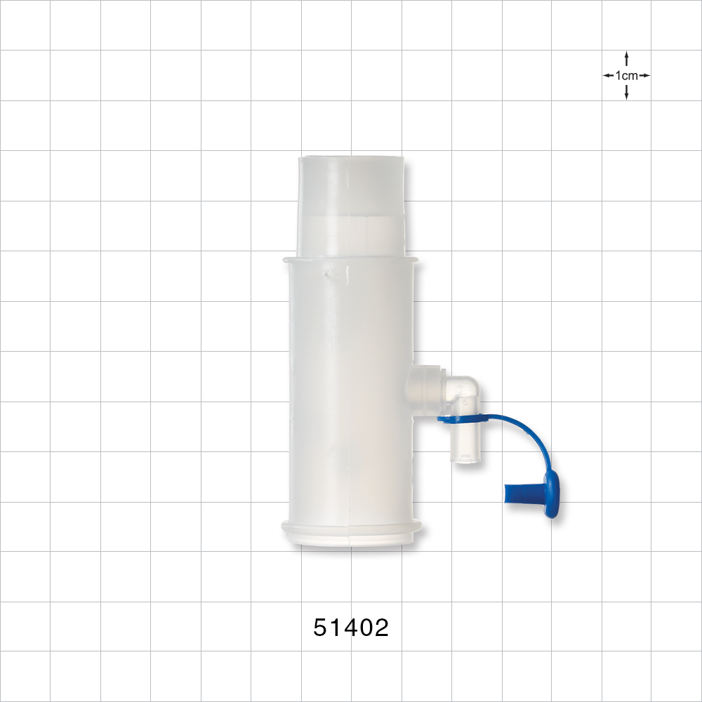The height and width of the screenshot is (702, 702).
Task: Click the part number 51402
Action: pyautogui.click(x=351, y=627)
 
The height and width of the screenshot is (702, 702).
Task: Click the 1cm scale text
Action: pyautogui.click(x=626, y=75)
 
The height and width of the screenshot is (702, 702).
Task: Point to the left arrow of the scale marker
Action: pyautogui.click(x=608, y=75)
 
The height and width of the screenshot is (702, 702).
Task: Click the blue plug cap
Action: pyautogui.click(x=537, y=494)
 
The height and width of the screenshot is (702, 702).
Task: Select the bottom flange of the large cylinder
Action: pyautogui.click(x=351, y=531)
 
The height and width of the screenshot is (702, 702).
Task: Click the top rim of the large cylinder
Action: pyautogui.click(x=351, y=260)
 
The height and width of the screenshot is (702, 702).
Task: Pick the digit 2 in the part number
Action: pyautogui.click(x=381, y=627)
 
